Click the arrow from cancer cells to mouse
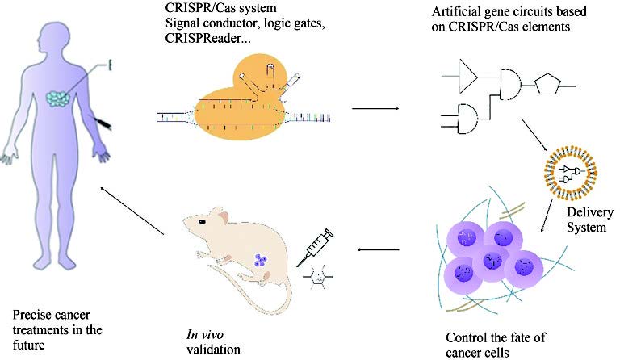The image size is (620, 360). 383,249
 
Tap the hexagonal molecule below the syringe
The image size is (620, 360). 318,275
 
